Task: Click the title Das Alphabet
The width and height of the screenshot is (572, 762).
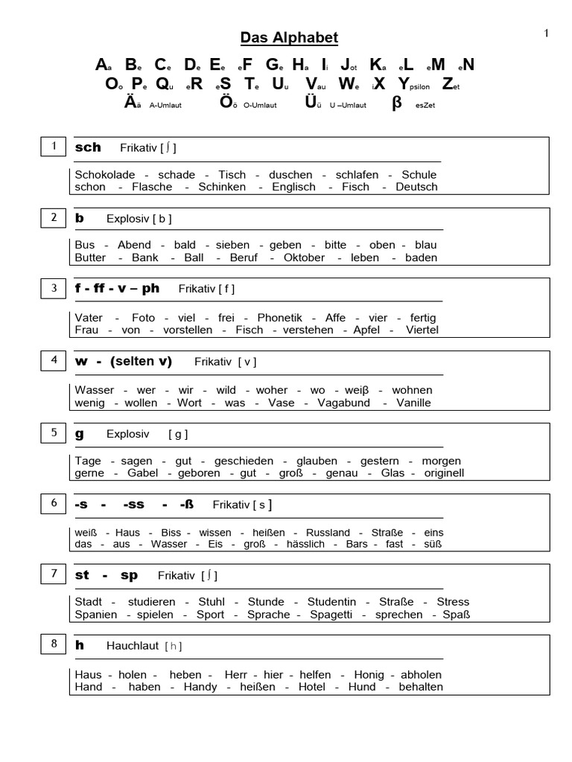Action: coord(289,37)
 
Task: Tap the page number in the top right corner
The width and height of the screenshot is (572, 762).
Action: coord(547,33)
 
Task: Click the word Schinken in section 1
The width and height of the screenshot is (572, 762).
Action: coord(222,187)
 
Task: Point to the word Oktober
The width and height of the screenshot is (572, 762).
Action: coord(304,257)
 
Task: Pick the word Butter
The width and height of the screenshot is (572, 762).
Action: coord(90,257)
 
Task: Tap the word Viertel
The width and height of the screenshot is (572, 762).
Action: coord(422,330)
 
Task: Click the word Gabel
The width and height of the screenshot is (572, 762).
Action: coord(143,473)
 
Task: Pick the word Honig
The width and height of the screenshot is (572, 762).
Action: coord(369,674)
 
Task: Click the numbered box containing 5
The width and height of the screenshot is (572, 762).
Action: coord(54,433)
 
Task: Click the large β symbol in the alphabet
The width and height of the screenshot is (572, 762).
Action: coord(396,103)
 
